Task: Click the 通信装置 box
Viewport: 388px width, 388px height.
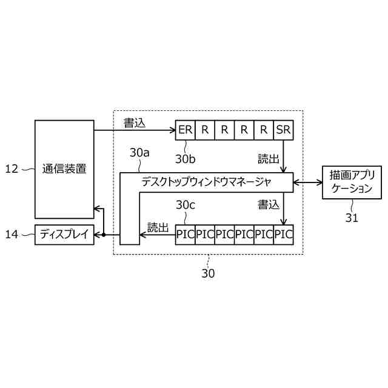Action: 64,169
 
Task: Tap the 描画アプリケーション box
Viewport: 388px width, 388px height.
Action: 352,181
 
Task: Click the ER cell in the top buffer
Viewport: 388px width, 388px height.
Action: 186,130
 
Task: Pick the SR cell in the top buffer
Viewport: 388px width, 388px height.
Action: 284,130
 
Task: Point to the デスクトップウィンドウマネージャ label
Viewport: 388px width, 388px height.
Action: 207,181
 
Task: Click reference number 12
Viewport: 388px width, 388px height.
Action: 12,169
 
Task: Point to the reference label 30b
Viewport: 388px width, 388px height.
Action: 186,159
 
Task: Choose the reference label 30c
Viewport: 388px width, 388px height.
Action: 186,206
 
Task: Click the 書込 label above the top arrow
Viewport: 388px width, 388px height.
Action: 135,122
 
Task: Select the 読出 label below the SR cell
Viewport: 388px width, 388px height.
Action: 268,159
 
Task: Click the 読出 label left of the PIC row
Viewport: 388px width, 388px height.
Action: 158,227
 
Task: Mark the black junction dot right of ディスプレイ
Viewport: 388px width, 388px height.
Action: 104,235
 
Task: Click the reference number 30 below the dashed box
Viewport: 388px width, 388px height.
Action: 208,273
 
